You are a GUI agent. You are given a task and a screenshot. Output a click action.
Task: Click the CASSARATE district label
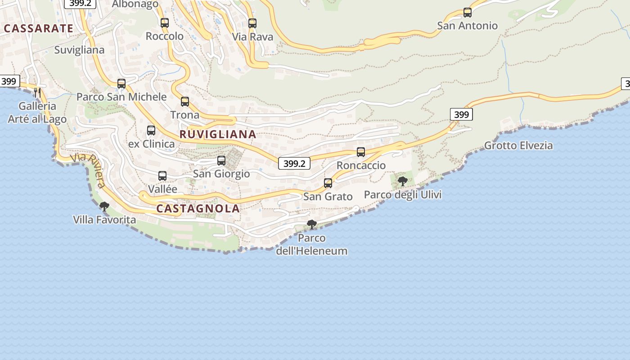coord(38,28)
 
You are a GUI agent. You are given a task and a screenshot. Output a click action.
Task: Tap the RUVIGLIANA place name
coord(218,134)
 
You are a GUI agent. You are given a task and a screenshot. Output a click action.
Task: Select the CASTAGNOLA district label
coord(198,208)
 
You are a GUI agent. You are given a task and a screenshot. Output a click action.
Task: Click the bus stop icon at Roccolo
coord(165,23)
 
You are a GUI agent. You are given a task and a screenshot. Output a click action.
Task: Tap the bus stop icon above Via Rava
coord(252,23)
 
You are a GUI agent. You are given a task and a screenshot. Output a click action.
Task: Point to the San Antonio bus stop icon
coord(468,13)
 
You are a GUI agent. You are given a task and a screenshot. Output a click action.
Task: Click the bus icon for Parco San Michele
coord(121,84)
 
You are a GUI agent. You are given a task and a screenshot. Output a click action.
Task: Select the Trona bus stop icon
coord(185,102)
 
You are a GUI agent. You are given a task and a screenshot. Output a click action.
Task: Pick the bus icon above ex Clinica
coord(151,130)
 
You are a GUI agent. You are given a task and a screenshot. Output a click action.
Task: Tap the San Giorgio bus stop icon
coord(221,161)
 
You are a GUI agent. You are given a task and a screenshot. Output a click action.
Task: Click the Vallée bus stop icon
coord(162,176)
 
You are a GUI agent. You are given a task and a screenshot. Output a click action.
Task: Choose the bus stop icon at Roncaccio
coord(361,152)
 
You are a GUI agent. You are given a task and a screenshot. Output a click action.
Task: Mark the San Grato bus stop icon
coord(328,183)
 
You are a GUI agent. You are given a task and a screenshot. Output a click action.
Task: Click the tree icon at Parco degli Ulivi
coord(403,181)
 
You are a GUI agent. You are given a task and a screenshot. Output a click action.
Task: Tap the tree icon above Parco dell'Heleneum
coord(311,224)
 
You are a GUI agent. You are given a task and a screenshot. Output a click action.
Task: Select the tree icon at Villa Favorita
coord(104,207)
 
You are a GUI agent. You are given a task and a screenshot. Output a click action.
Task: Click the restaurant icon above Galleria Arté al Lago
coord(38,93)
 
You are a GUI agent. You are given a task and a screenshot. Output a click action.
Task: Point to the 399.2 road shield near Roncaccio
coord(294,163)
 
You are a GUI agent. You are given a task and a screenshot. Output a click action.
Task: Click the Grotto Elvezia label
coord(518,145)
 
